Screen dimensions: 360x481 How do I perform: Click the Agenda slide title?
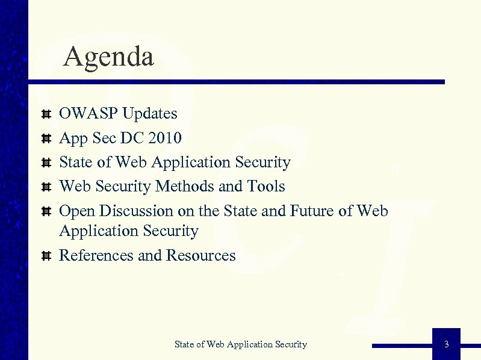[x=108, y=57]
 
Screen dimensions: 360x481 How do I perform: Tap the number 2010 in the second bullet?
[x=164, y=138]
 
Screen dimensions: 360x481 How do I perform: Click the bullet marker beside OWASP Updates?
[x=45, y=114]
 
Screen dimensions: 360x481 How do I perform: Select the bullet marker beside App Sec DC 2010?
[x=45, y=138]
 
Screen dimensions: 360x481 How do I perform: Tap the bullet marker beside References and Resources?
[x=45, y=256]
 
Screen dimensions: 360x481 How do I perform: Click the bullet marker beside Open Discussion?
[x=45, y=211]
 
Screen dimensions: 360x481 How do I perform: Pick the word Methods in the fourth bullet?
[x=185, y=187]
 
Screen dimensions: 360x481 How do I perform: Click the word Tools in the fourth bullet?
[x=266, y=187]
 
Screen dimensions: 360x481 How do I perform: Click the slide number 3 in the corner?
[x=446, y=344]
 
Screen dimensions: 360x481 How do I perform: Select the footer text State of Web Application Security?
[x=240, y=344]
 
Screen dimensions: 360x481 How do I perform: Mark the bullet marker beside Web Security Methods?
[x=45, y=187]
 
